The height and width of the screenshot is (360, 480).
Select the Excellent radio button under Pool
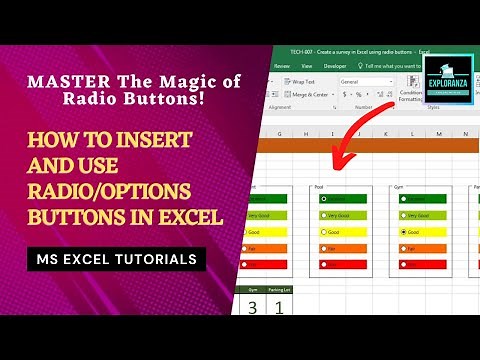point(324,198)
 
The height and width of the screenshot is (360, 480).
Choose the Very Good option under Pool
point(324,214)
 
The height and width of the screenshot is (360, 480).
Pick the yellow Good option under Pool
point(324,231)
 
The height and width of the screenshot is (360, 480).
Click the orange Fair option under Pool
point(324,247)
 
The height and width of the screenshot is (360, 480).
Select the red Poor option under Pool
point(324,263)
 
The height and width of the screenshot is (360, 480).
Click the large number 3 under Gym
point(251,306)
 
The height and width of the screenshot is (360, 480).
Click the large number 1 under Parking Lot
point(279,306)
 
